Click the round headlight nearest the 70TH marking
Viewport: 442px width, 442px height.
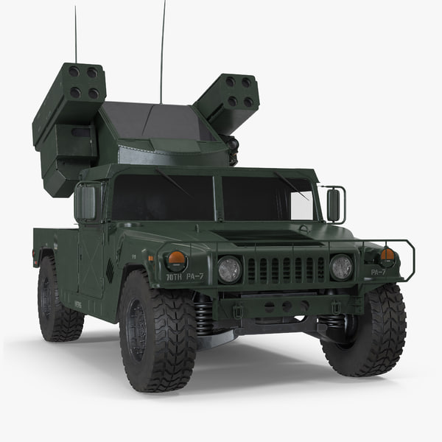[229, 269]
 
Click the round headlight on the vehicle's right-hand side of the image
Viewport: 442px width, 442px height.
[341, 267]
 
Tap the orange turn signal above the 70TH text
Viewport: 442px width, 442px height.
[176, 259]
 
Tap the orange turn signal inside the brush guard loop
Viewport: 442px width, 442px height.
[387, 255]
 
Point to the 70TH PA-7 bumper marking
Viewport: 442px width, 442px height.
[184, 278]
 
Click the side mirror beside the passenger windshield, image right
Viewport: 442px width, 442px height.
[334, 205]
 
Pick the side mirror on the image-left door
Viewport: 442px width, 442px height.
[86, 203]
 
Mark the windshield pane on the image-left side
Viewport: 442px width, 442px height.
[162, 197]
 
